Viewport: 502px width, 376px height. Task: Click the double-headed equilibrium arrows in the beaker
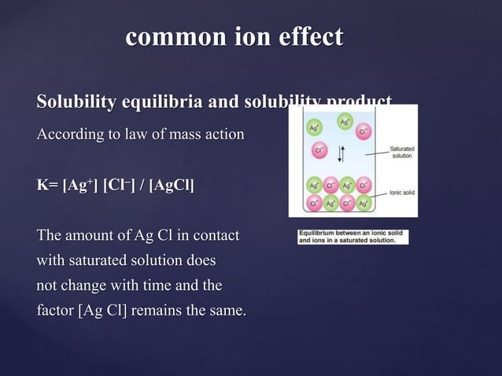coord(340,151)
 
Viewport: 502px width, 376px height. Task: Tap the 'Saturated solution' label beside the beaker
coord(403,152)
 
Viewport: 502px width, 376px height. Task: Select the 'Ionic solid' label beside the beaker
coord(403,191)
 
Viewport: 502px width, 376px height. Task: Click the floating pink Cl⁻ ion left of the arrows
coord(319,149)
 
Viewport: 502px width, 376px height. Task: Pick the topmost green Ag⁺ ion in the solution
coord(345,122)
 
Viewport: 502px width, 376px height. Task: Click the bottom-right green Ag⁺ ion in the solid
coord(364,203)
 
